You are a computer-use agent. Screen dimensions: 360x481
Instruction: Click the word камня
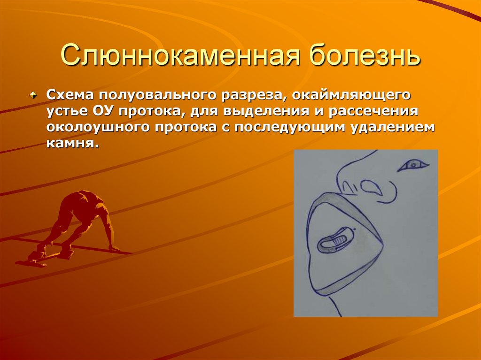tap(71, 144)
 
